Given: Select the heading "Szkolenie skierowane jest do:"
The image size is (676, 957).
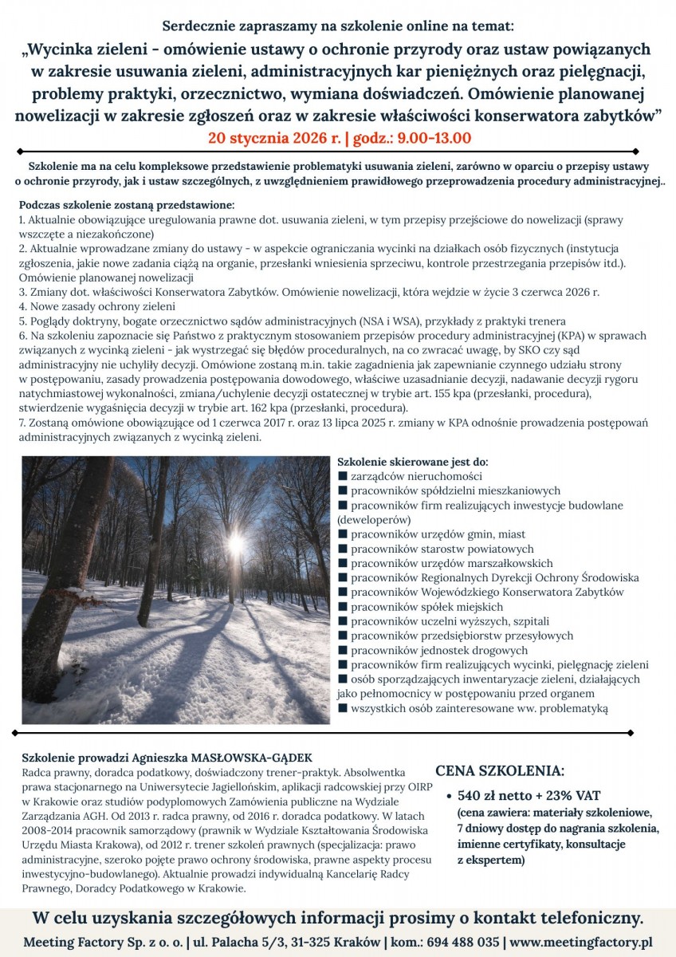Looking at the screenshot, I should point(413,462).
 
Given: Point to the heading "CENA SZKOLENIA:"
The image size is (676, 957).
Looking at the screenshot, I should point(500,771).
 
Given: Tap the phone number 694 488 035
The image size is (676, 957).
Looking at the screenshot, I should point(465,941).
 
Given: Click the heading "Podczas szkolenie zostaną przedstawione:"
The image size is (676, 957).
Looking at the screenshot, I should point(127,205).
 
